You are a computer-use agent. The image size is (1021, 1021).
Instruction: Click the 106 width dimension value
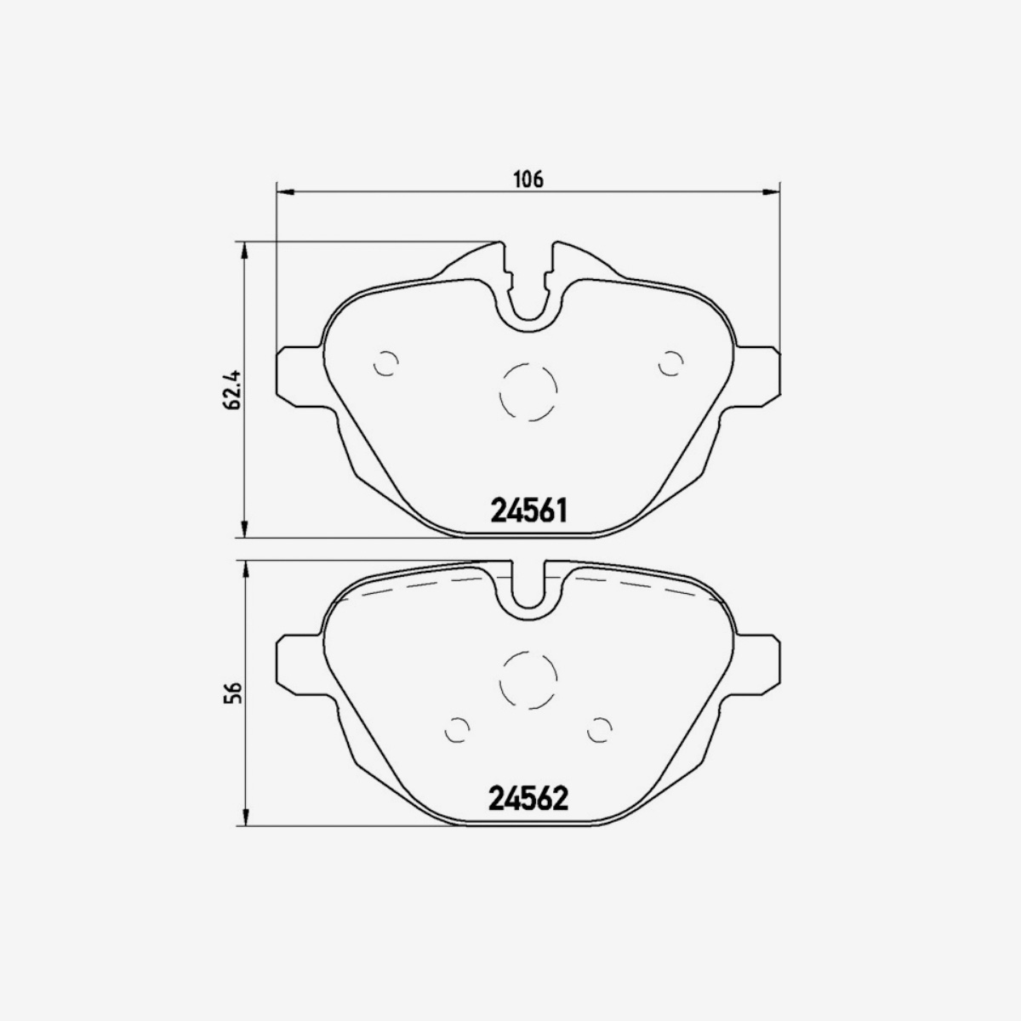pos(528,179)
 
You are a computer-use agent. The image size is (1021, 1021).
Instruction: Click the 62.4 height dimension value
pos(230,390)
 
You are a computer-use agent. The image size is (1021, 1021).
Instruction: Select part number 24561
pos(528,510)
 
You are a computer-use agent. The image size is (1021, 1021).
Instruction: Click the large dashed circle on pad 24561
pos(528,391)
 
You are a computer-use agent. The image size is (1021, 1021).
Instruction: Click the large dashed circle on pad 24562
pos(528,680)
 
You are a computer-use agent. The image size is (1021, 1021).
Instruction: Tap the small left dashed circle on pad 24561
pos(386,363)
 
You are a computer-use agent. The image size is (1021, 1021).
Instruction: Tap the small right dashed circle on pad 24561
pos(671,363)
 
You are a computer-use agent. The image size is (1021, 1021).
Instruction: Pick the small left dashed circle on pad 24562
pos(458,729)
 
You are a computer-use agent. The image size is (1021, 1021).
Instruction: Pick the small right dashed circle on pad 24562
pos(600,729)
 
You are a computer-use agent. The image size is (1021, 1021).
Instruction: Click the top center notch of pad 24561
pos(528,289)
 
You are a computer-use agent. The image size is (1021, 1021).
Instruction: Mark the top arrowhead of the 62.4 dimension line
pos(245,249)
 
